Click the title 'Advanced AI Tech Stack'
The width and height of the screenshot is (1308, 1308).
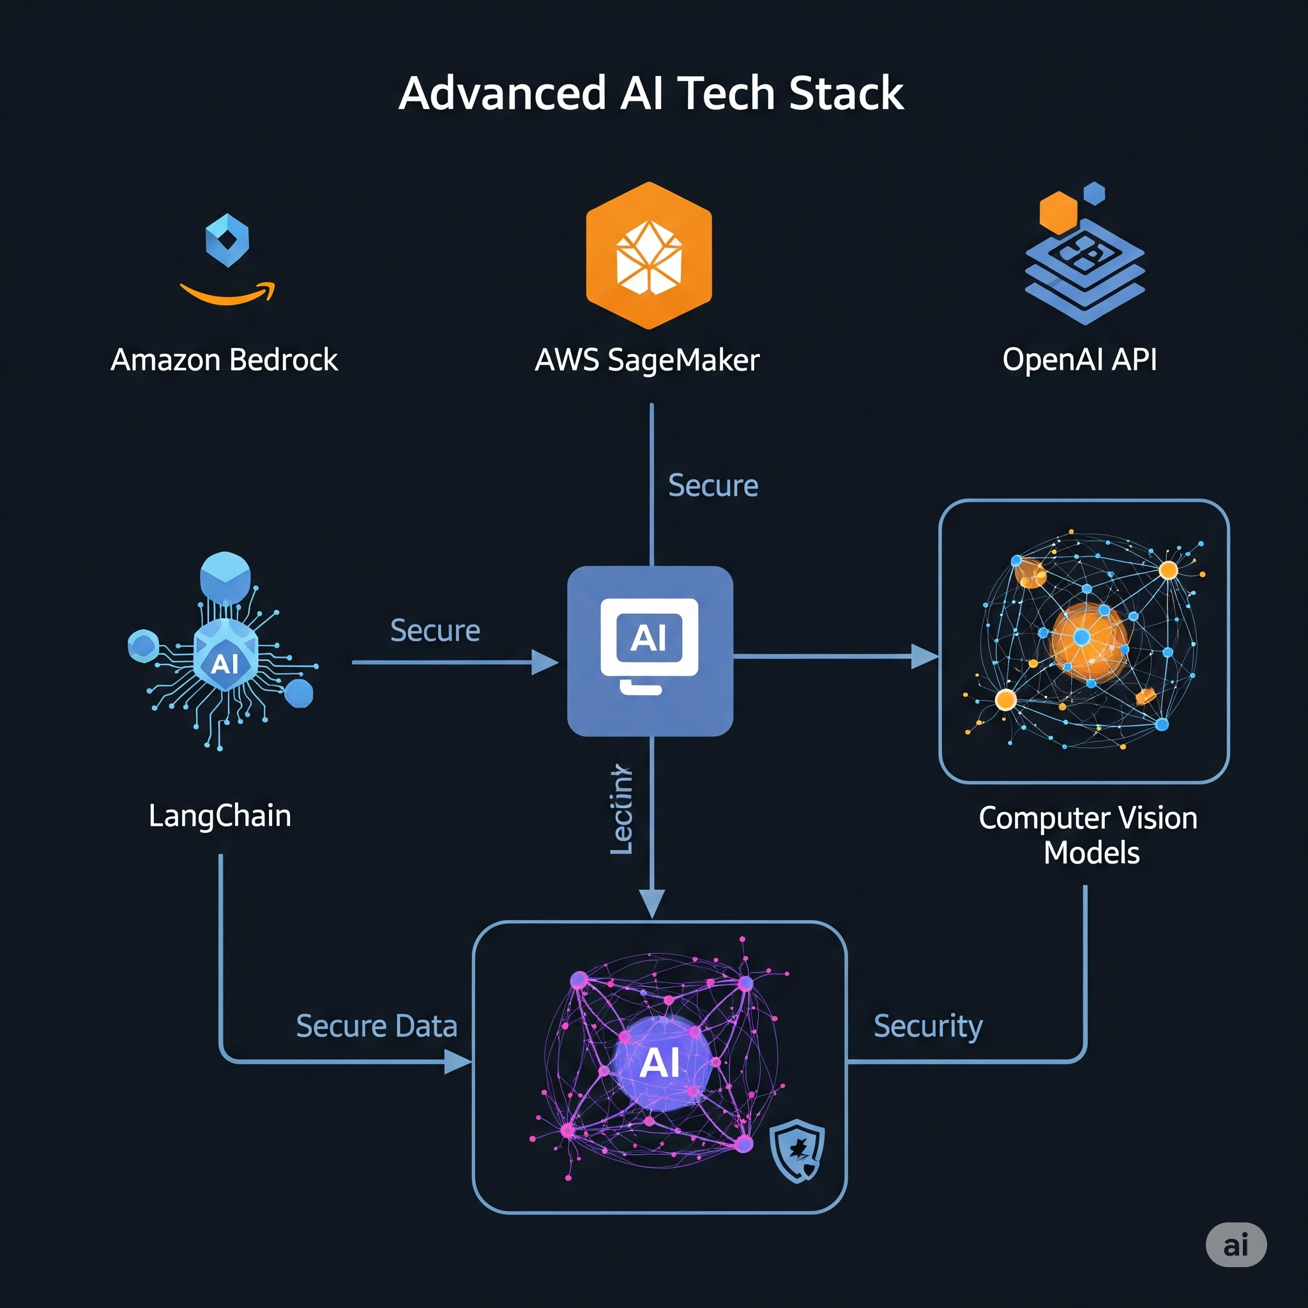pos(651,93)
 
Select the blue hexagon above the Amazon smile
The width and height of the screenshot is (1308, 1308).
pos(227,240)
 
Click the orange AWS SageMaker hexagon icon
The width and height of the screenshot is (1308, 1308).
pos(649,256)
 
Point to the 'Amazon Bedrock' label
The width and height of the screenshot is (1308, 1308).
pos(224,360)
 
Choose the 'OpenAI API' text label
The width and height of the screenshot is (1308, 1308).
pos(1079,360)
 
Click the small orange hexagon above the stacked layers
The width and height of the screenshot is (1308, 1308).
pos(1058,213)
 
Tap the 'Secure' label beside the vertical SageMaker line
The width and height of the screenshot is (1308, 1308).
pos(713,485)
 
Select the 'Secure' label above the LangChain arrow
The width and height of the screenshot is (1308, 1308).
pos(436,630)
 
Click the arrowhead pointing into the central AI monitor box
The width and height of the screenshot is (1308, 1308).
pos(544,662)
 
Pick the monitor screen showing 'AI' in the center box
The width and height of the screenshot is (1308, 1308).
pos(650,638)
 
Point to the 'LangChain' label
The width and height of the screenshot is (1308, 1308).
pos(220,815)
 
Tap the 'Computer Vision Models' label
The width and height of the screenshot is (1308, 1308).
pos(1088,835)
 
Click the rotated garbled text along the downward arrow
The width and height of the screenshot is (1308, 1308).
pos(621,810)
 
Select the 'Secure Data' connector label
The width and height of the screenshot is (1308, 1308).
pos(376,1026)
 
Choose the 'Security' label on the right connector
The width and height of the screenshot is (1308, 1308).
pos(927,1026)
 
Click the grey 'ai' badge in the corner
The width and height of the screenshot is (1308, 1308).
pos(1236,1244)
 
